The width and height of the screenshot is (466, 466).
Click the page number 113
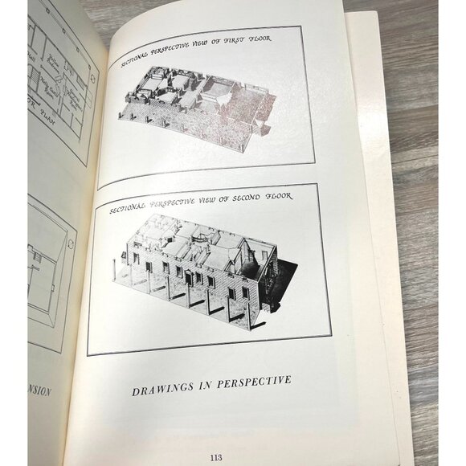(x=215, y=457)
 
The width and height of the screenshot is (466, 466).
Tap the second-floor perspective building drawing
(x=201, y=265)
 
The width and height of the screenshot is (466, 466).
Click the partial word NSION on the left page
(x=39, y=391)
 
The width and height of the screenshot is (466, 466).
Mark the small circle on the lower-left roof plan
(x=35, y=257)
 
